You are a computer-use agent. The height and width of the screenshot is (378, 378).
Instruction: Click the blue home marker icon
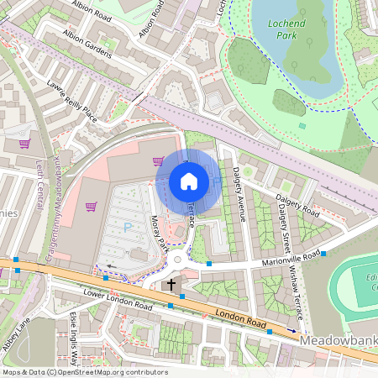tap(189, 181)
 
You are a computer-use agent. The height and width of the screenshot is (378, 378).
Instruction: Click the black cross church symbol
tap(171, 285)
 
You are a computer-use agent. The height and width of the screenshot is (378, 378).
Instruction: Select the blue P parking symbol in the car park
tap(128, 227)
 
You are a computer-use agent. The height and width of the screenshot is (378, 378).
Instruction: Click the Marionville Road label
tap(289, 258)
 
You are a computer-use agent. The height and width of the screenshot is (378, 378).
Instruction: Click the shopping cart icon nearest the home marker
tap(157, 161)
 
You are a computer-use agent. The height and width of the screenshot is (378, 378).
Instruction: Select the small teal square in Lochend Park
tap(302, 126)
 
